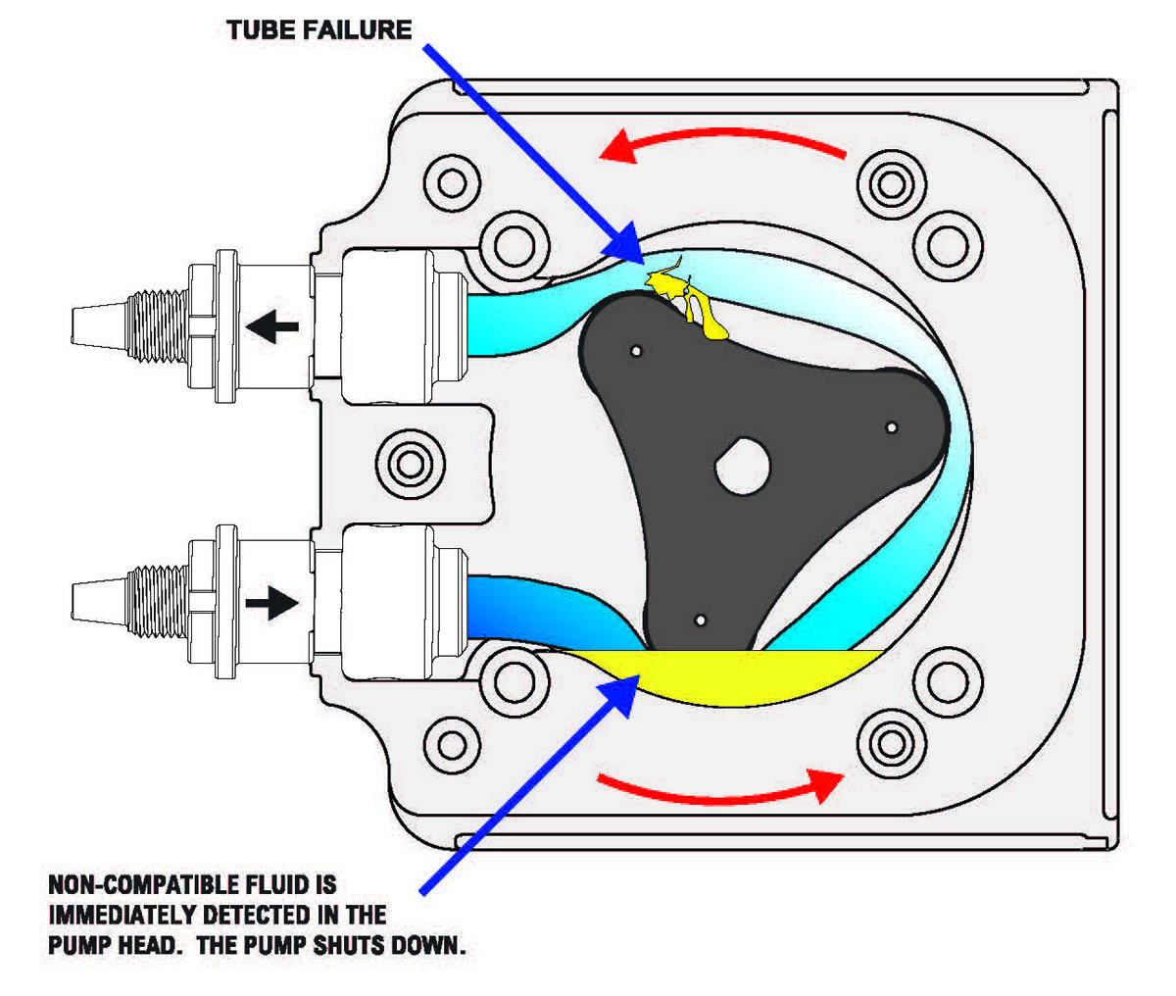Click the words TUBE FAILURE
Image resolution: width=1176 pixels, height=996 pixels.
318,29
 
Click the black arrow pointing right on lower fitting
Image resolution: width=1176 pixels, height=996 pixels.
272,602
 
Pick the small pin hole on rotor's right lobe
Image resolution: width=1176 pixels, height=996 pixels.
891,427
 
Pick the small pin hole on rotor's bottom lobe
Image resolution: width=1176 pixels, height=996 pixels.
700,621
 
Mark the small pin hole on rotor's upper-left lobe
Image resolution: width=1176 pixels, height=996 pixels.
636,350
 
